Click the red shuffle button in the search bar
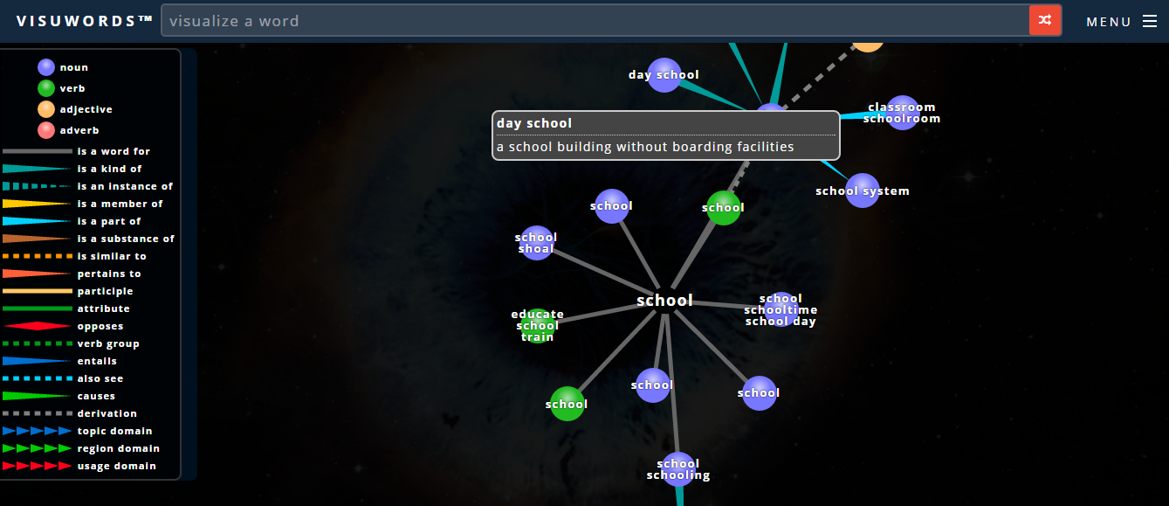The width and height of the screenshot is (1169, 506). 1045,20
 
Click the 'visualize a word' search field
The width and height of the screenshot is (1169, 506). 594,20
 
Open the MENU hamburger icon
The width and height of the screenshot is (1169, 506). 1149,21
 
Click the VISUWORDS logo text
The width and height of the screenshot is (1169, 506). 85,21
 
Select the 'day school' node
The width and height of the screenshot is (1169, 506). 664,75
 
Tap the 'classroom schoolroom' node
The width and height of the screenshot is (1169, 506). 902,113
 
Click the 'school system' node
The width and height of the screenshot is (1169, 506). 863,191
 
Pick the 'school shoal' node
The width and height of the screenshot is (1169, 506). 537,243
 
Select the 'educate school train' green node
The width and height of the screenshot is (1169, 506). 538,326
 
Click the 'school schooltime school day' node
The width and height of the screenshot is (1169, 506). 780,309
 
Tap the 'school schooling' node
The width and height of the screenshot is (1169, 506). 678,469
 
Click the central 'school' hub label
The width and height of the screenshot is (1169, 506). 664,301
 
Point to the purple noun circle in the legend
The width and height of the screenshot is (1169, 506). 46,67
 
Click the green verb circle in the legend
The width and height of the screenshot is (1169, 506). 46,88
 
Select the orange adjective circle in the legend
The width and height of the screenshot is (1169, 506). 46,109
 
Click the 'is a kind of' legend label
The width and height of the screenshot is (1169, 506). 109,169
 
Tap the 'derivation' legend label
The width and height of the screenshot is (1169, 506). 107,413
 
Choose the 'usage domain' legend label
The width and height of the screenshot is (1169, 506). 116,466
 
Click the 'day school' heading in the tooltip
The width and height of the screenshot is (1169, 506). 534,123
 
